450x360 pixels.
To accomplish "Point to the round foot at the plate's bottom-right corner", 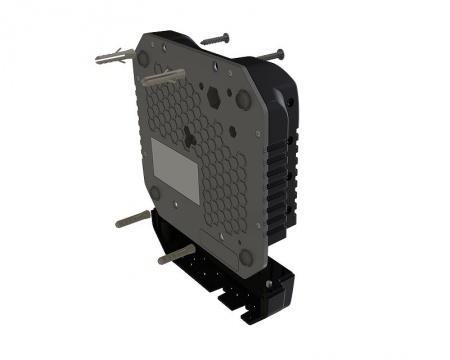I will click(x=246, y=257).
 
